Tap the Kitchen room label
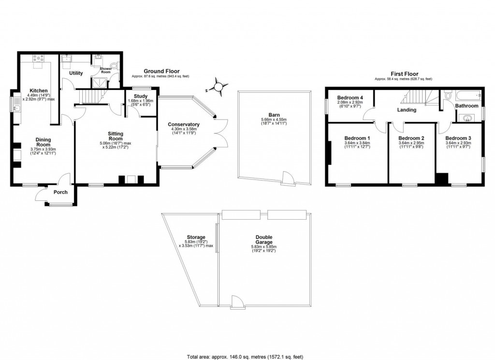[x=39, y=90]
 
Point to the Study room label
[x=140, y=96]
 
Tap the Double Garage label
[x=264, y=240]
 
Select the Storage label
[x=196, y=237]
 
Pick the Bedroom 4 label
[x=350, y=97]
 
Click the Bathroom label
[x=467, y=105]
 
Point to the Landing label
[x=407, y=110]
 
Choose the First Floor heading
[x=404, y=74]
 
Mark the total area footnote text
[x=245, y=357]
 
